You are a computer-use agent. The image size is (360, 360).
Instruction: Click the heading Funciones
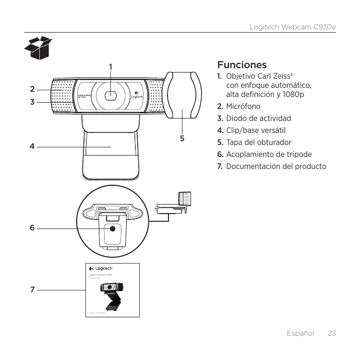click(x=242, y=65)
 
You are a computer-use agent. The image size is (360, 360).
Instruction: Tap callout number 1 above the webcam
click(x=111, y=66)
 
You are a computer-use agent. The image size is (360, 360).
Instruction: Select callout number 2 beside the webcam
click(x=32, y=89)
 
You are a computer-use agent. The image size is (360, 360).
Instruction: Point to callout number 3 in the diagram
click(x=32, y=102)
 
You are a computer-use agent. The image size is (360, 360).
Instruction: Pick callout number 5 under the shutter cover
click(x=182, y=138)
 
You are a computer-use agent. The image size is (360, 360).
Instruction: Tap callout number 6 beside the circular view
click(x=32, y=228)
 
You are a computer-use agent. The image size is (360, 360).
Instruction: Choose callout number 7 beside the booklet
click(x=32, y=290)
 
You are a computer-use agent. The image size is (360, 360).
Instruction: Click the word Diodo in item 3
click(x=237, y=118)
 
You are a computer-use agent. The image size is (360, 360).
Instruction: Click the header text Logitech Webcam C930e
click(x=292, y=26)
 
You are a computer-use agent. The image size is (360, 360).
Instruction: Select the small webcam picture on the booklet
click(x=111, y=293)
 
